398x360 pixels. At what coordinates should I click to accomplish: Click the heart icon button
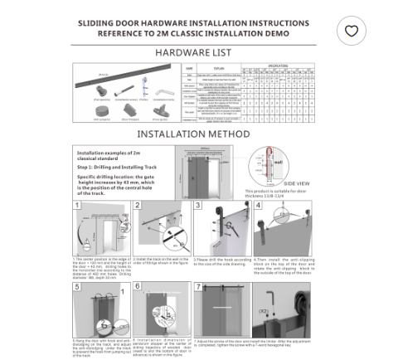[352, 31]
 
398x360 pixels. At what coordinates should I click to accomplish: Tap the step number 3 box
[198, 205]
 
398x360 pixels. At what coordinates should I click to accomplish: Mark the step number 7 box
[198, 286]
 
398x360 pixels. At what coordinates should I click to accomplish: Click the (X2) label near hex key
[286, 311]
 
